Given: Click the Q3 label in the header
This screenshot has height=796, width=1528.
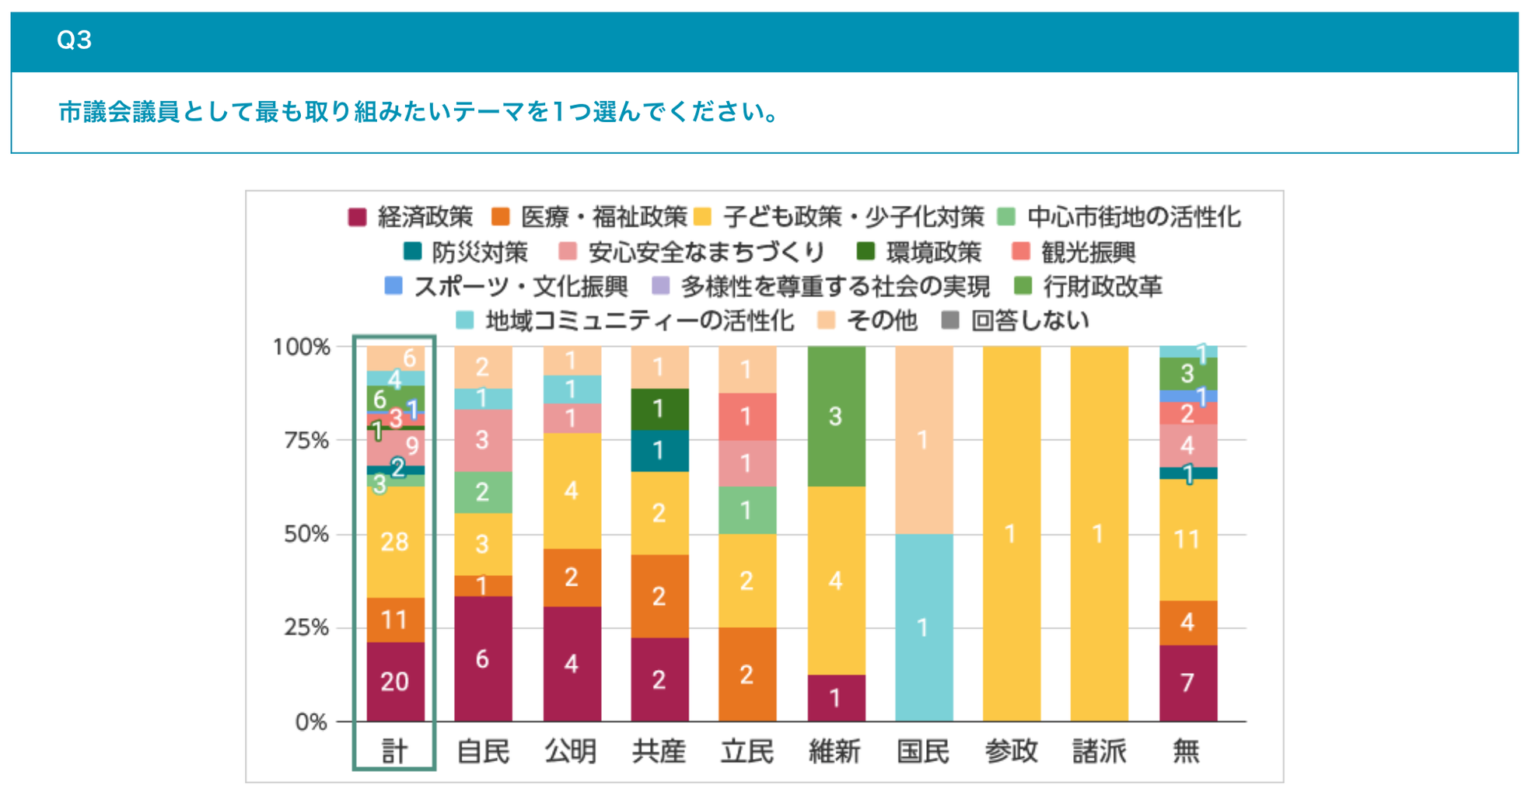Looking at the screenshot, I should click(x=75, y=40).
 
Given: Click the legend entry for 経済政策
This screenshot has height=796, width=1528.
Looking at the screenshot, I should click(x=411, y=217).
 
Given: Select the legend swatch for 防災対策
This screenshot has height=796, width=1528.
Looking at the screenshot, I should click(x=412, y=251).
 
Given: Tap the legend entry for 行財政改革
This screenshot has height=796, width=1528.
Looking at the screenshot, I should click(x=1088, y=286).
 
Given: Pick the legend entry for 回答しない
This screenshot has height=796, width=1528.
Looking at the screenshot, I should click(x=1015, y=320).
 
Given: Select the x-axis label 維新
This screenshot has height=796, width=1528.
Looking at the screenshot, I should click(x=835, y=751).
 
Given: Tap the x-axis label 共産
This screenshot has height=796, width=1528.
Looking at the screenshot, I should click(x=659, y=751).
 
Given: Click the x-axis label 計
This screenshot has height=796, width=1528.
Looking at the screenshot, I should click(x=394, y=751).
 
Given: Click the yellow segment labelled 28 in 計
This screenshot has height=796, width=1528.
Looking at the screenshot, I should click(x=395, y=542).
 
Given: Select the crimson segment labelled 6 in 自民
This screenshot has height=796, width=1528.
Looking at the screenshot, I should click(x=483, y=658).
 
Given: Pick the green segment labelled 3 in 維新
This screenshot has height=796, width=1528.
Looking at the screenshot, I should click(x=836, y=417).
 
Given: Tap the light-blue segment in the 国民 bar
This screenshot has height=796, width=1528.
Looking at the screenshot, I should click(x=923, y=627).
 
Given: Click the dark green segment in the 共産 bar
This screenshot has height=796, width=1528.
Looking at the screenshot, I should click(x=659, y=409).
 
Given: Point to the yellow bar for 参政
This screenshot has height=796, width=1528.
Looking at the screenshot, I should click(x=1011, y=534).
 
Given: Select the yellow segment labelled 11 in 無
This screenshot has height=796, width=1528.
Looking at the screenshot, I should click(x=1187, y=539).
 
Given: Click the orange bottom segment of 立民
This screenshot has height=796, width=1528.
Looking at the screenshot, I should click(x=747, y=674).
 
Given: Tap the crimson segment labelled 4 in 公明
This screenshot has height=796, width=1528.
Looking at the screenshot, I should click(x=572, y=663).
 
